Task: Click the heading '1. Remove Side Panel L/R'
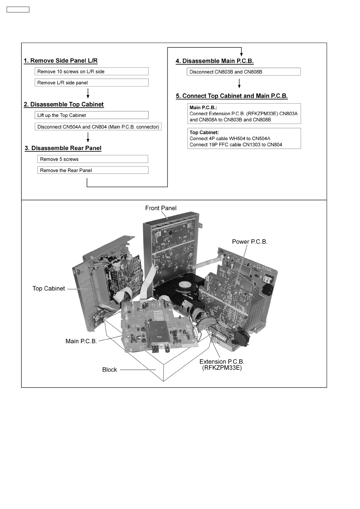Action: (x=61, y=61)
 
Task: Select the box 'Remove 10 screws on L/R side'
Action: (x=91, y=72)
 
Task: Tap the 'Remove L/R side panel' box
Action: (x=91, y=83)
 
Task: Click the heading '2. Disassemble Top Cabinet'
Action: (x=64, y=105)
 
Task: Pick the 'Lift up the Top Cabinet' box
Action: (x=91, y=115)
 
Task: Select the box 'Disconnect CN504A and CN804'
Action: (x=98, y=127)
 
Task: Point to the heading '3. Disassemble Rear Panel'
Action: (x=63, y=148)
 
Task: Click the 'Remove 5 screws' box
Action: (x=93, y=159)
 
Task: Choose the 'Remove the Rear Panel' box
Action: (x=93, y=170)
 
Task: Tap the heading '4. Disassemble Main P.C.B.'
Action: (x=215, y=61)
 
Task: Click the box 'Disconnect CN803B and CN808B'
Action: (x=244, y=72)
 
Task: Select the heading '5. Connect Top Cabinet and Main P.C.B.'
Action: (x=232, y=96)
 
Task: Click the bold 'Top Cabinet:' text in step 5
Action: (x=204, y=132)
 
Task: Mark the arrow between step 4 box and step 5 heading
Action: (x=239, y=83)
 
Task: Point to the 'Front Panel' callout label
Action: (x=161, y=208)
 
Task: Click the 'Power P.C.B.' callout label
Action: (x=250, y=242)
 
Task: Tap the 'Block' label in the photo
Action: (x=110, y=370)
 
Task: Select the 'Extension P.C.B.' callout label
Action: (x=222, y=362)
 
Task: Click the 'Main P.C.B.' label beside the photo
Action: (x=81, y=341)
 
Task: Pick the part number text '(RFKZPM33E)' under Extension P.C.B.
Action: (x=222, y=368)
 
